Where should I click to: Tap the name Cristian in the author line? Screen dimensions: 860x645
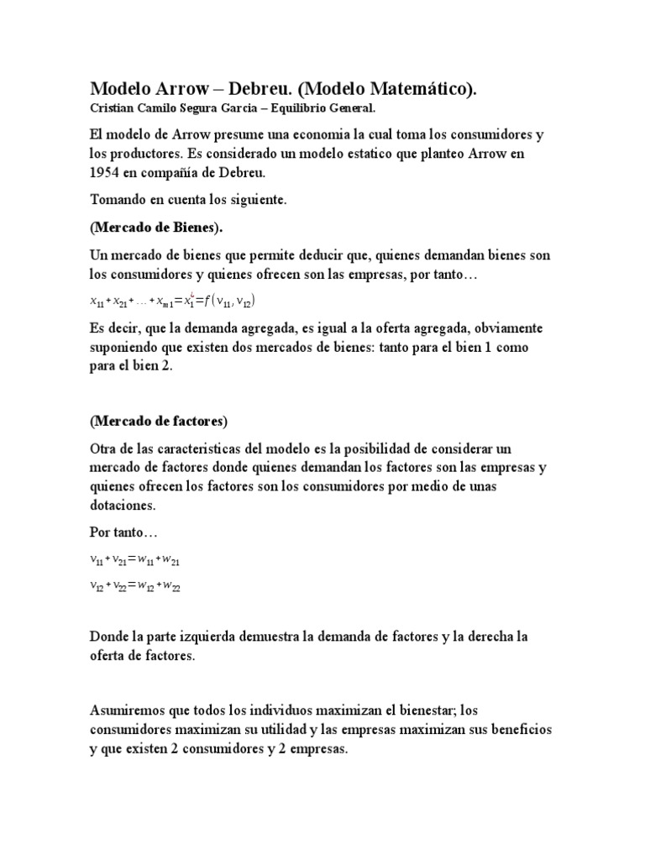(x=113, y=108)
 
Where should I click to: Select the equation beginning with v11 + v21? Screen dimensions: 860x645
(x=134, y=560)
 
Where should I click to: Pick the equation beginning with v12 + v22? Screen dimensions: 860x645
(x=134, y=588)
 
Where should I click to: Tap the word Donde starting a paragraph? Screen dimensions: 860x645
(x=112, y=637)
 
